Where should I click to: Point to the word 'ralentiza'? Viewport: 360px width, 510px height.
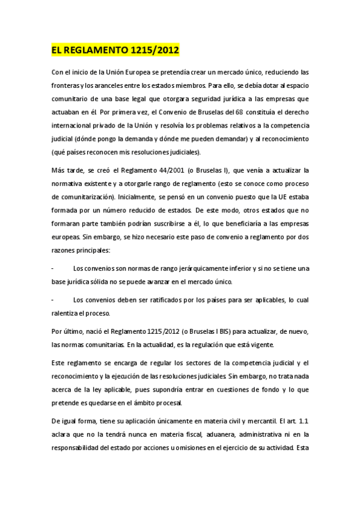[x=66, y=313]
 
